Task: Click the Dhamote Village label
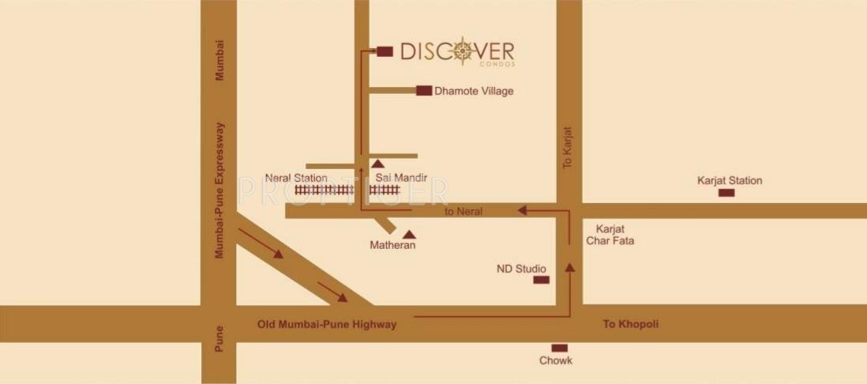tap(474, 91)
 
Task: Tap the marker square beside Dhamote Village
tap(424, 91)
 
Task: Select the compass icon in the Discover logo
tap(463, 52)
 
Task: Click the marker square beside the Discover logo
tap(385, 51)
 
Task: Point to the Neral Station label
tap(296, 178)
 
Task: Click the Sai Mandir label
tap(401, 178)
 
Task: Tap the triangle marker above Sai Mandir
tap(377, 163)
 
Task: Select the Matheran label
tap(392, 246)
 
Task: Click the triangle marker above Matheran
tap(409, 234)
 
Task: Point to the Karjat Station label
tap(730, 180)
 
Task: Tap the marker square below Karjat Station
tap(726, 193)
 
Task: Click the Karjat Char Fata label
tap(610, 233)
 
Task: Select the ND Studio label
tap(521, 269)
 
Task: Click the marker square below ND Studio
tap(541, 280)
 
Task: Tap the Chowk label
tap(556, 360)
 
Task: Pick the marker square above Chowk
tap(559, 348)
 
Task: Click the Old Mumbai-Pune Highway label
tap(327, 324)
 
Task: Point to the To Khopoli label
tap(631, 324)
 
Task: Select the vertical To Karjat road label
tap(566, 147)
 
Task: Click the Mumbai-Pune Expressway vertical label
tap(220, 190)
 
